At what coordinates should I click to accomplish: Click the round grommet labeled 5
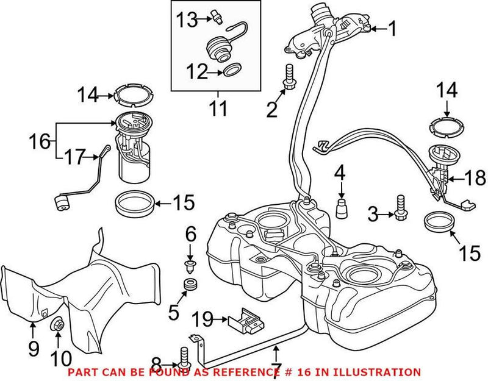point(189,284)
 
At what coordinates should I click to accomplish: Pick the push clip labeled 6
point(189,264)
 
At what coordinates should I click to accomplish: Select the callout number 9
point(33,348)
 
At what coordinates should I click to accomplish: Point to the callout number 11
point(217,109)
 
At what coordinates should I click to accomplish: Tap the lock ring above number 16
point(133,95)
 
